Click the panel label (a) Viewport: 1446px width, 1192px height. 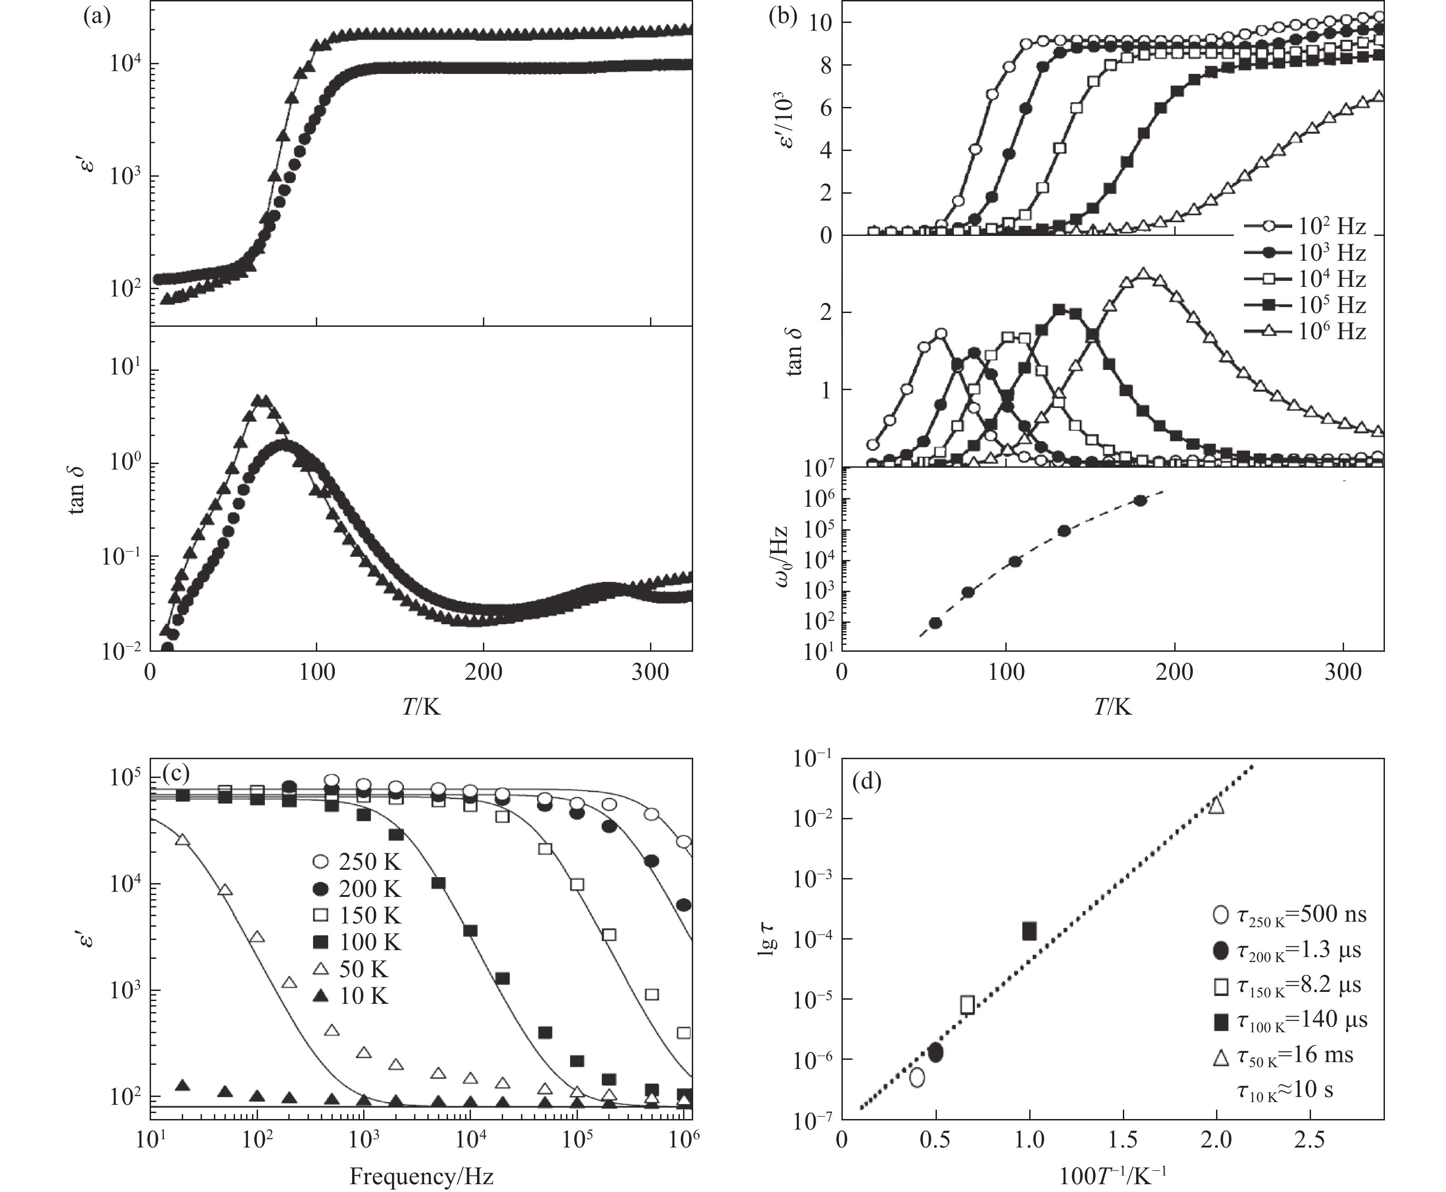pyautogui.click(x=96, y=17)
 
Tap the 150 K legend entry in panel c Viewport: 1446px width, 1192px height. pyautogui.click(x=357, y=915)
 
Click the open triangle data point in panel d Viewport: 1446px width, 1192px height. pyautogui.click(x=1216, y=805)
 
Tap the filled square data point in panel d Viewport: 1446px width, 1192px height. pyautogui.click(x=1029, y=931)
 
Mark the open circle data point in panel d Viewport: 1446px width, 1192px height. pyautogui.click(x=917, y=1077)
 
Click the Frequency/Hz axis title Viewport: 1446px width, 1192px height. pyautogui.click(x=421, y=1176)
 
